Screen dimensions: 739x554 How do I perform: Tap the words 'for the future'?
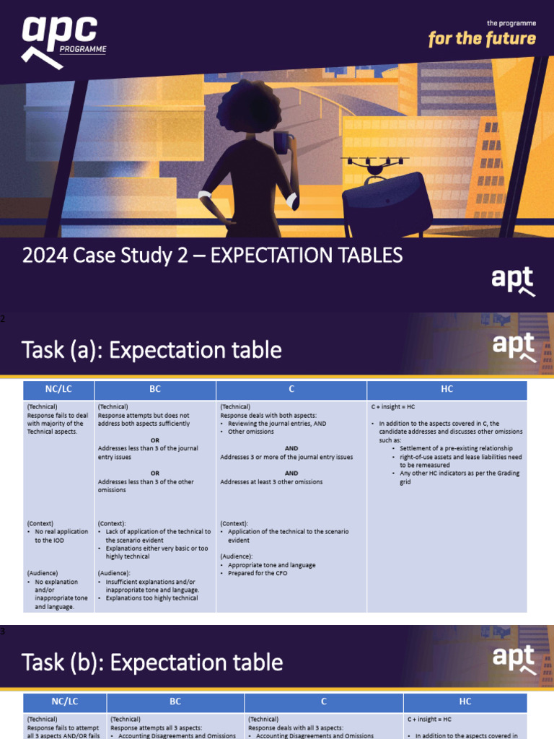(482, 38)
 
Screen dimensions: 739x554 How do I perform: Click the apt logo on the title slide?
(512, 280)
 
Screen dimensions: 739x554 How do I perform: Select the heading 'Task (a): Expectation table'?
(151, 351)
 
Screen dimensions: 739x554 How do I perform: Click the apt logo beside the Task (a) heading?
(513, 346)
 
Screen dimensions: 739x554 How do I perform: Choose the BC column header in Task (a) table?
(155, 390)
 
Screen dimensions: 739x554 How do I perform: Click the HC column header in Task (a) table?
(447, 390)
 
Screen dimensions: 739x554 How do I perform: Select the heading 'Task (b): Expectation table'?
(152, 663)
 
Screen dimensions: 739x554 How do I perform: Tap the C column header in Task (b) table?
(324, 701)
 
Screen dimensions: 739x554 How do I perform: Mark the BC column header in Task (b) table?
(175, 701)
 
